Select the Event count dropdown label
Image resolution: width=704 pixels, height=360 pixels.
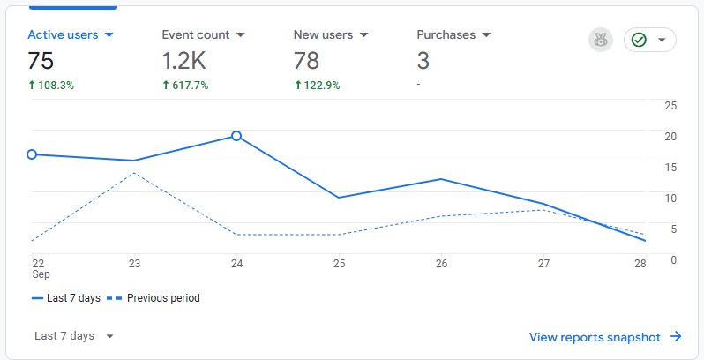point(196,35)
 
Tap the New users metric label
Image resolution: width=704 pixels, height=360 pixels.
point(323,35)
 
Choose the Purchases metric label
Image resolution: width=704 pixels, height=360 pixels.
point(446,35)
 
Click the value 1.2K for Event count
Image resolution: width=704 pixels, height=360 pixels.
point(183,60)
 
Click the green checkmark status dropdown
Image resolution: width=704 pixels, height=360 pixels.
point(650,40)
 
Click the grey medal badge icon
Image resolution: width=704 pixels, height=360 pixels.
point(601,40)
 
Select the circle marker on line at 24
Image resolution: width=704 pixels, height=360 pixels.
point(236,136)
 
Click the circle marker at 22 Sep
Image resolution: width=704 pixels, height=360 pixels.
point(32,154)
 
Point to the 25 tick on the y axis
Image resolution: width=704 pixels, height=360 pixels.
point(670,106)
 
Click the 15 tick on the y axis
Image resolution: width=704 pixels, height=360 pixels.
point(670,167)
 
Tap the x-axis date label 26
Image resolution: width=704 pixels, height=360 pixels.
point(442,263)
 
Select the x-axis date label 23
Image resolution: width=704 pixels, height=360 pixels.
point(134,263)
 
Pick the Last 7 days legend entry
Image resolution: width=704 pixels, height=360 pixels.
point(66,298)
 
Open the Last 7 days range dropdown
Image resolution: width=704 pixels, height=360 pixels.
point(74,336)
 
